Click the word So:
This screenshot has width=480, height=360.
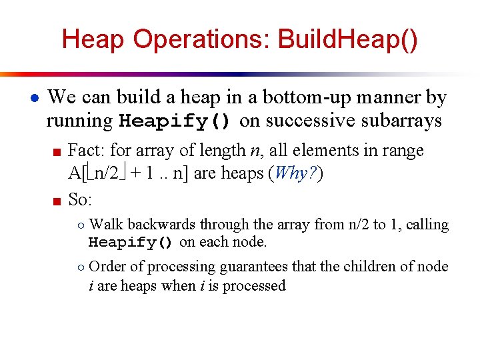(81, 199)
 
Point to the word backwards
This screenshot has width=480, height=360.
(162, 225)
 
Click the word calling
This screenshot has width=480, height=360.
(426, 225)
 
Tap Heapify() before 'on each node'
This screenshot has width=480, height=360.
(131, 242)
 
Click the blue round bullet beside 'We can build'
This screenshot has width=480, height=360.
(33, 98)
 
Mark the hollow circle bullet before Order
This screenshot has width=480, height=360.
(79, 267)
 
